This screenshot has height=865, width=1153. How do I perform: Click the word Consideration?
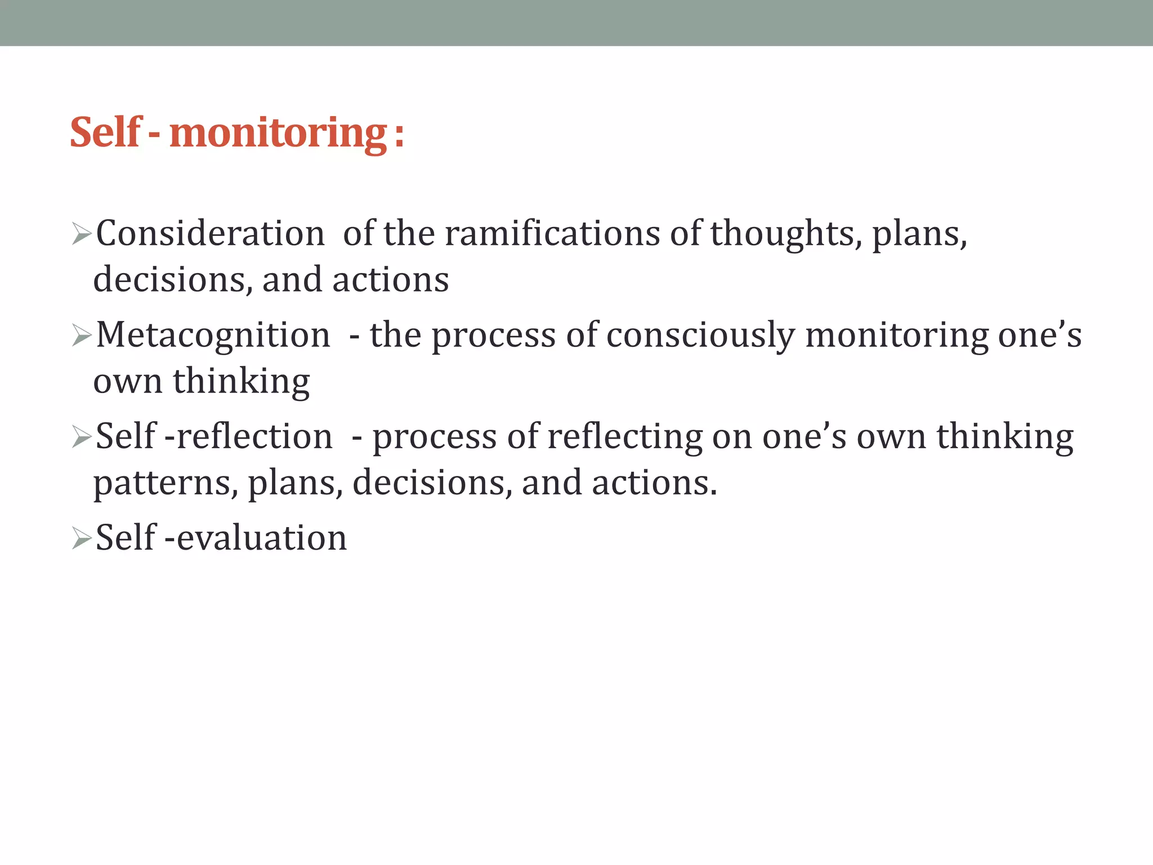coord(210,233)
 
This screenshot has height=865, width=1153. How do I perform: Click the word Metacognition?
coord(213,335)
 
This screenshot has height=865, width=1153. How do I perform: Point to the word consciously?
coord(700,335)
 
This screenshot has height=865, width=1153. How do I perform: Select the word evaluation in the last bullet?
coord(262,538)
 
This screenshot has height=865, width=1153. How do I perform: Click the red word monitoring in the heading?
coord(278,133)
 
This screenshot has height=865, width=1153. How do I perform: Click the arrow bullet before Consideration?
coord(82,234)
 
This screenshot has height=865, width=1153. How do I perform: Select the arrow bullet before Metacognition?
coord(82,336)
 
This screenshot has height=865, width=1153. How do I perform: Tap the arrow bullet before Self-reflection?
coord(82,437)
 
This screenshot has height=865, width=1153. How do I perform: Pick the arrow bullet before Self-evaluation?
coord(82,539)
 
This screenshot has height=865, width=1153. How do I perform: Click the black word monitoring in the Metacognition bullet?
coord(897,335)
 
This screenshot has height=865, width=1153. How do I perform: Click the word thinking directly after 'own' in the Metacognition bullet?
coord(241,381)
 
